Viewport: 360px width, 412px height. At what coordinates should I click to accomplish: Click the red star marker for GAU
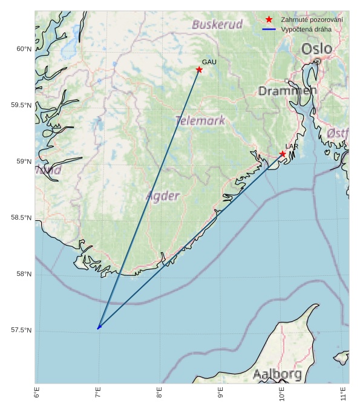tap(199, 70)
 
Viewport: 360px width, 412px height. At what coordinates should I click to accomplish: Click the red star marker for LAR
tap(283, 154)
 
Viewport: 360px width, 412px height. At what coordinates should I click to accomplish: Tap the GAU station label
tap(209, 62)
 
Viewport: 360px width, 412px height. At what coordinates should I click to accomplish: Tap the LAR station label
tap(292, 147)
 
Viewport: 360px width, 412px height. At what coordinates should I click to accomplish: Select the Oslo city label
tap(316, 49)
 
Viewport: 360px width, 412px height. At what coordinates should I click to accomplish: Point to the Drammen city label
tap(287, 91)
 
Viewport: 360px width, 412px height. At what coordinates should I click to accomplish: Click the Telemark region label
tap(200, 121)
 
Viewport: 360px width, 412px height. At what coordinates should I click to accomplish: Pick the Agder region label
tap(163, 196)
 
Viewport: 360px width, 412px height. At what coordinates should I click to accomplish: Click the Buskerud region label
tap(217, 25)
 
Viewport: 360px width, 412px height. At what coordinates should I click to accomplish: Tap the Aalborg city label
tap(277, 374)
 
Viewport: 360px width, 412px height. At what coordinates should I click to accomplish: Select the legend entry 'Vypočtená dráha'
tap(306, 29)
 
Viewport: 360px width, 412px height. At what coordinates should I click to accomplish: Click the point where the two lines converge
tap(98, 329)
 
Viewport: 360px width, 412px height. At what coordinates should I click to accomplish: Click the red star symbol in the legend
tap(269, 20)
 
